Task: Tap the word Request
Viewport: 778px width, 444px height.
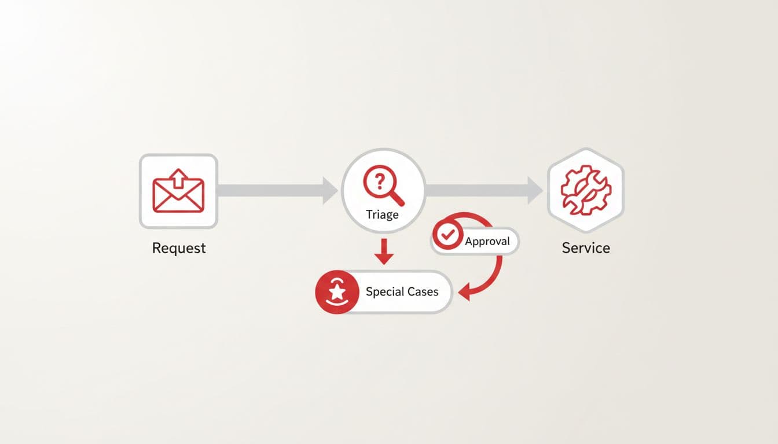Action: click(179, 248)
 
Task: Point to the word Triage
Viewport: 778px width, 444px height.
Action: click(382, 214)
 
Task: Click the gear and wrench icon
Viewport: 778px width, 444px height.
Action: click(586, 190)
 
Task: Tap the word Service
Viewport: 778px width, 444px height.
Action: click(586, 248)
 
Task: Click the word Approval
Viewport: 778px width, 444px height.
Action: click(487, 241)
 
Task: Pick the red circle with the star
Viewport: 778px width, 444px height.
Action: click(336, 292)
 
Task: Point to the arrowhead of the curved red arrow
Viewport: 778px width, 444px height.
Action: click(464, 293)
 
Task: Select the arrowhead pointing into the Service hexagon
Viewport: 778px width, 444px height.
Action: click(535, 190)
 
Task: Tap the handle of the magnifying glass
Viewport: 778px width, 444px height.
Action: click(397, 198)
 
